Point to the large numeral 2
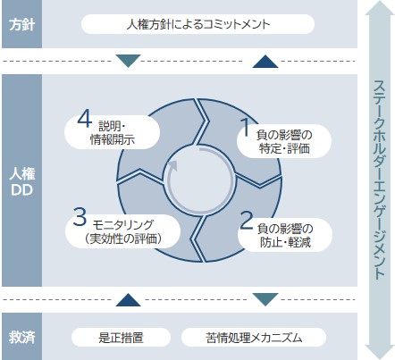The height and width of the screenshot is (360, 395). (246, 220)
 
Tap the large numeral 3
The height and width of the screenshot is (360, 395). (80, 217)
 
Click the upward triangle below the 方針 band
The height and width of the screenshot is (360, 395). (265, 61)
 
